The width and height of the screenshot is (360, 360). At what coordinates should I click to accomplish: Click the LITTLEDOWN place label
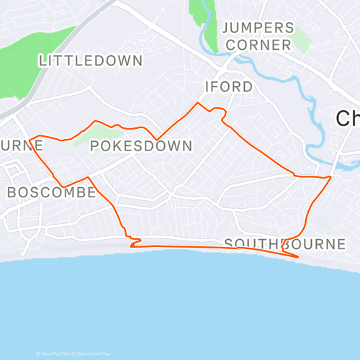(91, 60)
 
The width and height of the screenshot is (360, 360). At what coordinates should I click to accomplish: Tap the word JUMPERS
(258, 28)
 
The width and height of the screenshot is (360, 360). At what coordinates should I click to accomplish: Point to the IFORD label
(229, 87)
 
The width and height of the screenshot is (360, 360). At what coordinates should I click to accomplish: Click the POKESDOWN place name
(141, 146)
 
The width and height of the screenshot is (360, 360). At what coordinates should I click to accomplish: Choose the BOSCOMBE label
(51, 192)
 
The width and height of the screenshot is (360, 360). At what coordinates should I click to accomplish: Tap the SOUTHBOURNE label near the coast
(285, 244)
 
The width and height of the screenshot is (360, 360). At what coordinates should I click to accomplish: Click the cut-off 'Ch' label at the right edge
(349, 119)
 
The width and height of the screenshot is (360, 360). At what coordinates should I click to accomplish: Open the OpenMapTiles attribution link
(56, 354)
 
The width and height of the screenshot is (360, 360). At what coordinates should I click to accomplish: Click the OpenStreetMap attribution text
(94, 354)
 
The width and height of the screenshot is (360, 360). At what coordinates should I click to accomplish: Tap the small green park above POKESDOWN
(92, 133)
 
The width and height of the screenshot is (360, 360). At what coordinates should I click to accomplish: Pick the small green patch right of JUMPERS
(302, 40)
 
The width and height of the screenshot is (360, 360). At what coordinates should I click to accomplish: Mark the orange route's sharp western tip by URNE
(29, 139)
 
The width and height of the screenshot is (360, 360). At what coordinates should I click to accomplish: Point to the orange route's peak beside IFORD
(198, 103)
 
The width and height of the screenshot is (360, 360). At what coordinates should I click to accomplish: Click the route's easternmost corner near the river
(330, 176)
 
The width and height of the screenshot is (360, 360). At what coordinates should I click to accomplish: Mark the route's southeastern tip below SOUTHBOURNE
(298, 256)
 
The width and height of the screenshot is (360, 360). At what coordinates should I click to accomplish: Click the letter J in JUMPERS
(226, 28)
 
